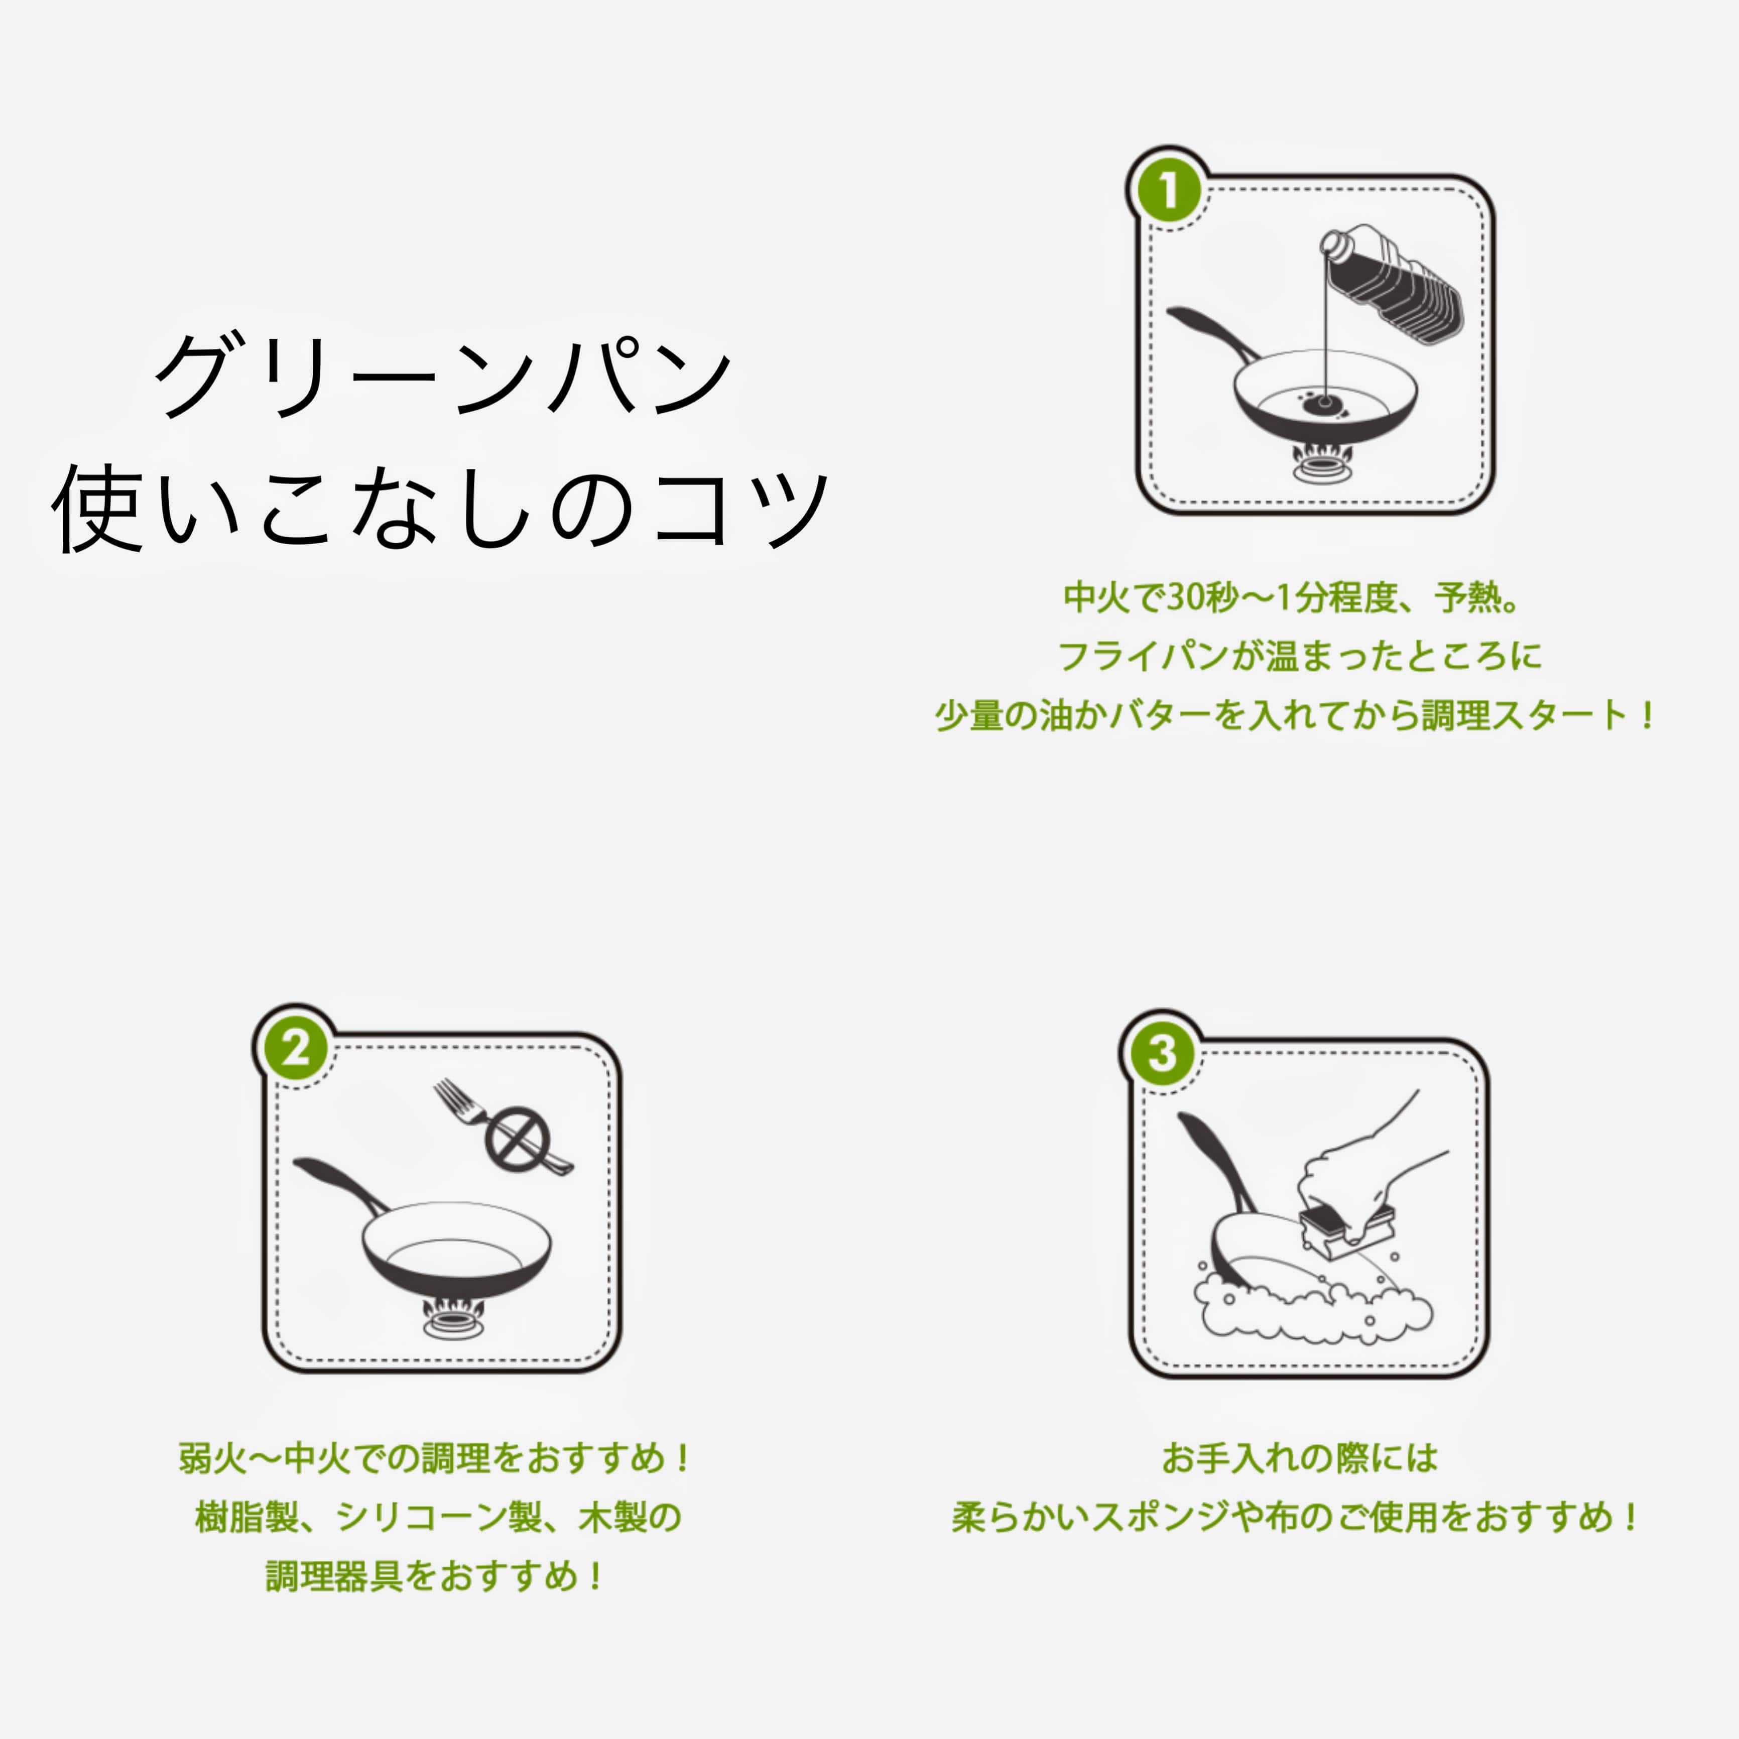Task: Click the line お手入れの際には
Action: [x=1299, y=1458]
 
